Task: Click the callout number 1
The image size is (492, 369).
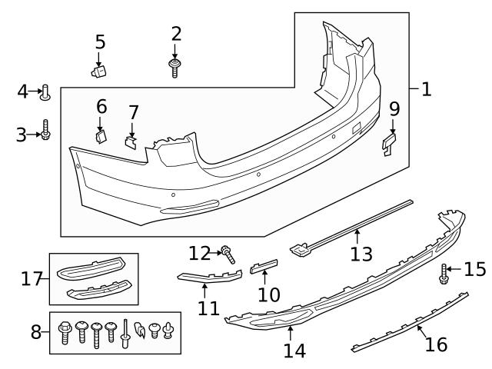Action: point(426,90)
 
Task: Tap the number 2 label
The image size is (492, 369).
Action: point(177,34)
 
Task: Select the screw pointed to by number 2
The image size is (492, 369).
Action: point(175,68)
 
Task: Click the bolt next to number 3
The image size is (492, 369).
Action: point(46,135)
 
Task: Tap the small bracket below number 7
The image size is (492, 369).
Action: point(131,141)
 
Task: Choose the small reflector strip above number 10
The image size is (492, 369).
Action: point(263,267)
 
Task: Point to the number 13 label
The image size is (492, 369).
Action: point(359,254)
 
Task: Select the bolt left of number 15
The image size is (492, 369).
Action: point(444,272)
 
